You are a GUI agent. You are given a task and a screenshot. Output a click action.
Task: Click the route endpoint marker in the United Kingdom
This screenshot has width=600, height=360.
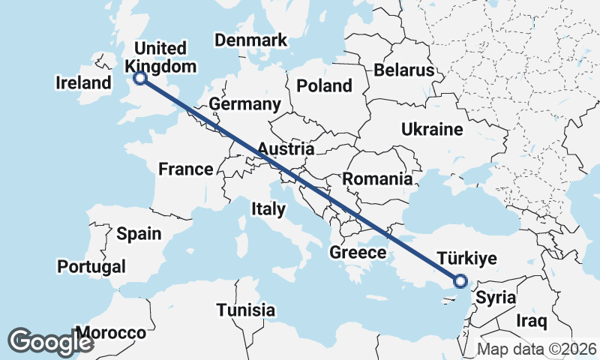pyautogui.click(x=139, y=77)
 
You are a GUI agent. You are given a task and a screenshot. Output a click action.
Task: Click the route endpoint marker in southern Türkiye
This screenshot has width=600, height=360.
pyautogui.click(x=460, y=281)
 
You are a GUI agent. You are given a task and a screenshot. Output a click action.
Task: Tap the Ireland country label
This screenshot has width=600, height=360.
pyautogui.click(x=83, y=82)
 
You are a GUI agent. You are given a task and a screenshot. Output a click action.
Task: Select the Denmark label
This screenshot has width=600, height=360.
pyautogui.click(x=251, y=40)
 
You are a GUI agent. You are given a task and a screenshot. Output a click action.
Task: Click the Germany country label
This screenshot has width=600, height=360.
pyautogui.click(x=245, y=103)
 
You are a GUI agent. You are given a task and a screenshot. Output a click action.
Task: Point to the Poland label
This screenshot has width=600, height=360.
pyautogui.click(x=324, y=85)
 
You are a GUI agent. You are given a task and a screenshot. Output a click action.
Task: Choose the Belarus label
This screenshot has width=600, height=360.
pyautogui.click(x=404, y=70)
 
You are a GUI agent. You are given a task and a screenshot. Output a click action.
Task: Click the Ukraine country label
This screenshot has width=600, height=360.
pyautogui.click(x=432, y=129)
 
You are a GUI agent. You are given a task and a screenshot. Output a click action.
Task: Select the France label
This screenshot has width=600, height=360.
pyautogui.click(x=186, y=169)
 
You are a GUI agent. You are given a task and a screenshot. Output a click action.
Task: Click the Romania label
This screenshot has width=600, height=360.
pyautogui.click(x=377, y=178)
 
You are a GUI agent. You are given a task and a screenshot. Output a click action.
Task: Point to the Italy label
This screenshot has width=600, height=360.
pyautogui.click(x=268, y=208)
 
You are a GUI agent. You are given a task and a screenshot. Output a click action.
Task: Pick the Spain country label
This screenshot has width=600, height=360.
pyautogui.click(x=139, y=233)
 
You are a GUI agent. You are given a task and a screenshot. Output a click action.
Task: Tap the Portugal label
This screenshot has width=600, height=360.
pyautogui.click(x=91, y=266)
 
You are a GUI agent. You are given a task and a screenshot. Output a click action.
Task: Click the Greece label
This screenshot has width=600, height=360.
pyautogui.click(x=358, y=253)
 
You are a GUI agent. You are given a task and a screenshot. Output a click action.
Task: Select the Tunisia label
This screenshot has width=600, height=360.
pyautogui.click(x=245, y=310)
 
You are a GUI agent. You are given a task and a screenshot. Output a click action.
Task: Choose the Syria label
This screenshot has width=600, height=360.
pyautogui.click(x=496, y=297)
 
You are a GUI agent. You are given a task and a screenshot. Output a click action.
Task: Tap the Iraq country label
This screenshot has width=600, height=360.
pyautogui.click(x=532, y=320)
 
